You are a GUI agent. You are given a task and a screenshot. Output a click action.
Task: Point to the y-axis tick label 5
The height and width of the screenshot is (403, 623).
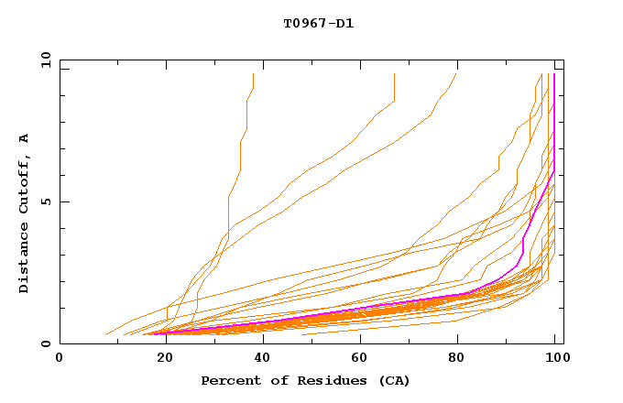pyautogui.click(x=46, y=201)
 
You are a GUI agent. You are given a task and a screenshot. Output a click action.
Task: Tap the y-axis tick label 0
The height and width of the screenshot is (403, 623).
pyautogui.click(x=46, y=344)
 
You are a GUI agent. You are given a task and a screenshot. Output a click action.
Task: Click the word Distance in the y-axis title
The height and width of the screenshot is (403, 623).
pyautogui.click(x=24, y=261)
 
